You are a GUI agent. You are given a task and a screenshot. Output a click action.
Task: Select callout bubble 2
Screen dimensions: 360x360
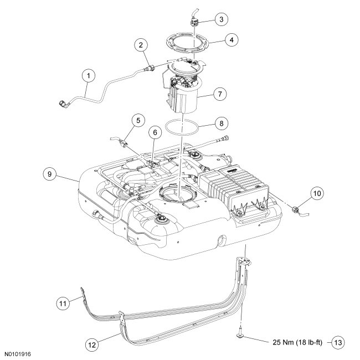142,45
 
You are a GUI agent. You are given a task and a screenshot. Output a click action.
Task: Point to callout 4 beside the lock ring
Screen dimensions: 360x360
231,40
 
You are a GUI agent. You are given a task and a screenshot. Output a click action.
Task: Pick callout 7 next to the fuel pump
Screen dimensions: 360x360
220,94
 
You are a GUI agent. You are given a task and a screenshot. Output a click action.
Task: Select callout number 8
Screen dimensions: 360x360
220,121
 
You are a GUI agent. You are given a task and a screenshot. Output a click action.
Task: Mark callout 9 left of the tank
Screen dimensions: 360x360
49,173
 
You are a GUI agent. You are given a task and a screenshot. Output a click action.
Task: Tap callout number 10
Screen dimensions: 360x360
316,194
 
